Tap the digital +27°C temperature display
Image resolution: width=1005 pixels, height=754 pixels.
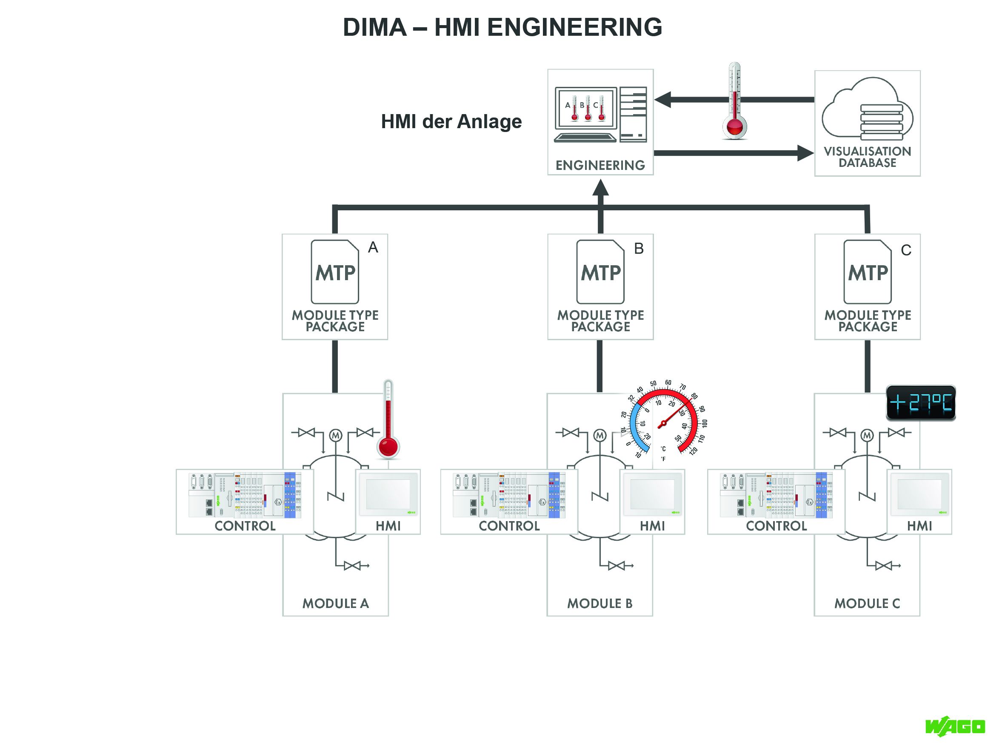pos(920,403)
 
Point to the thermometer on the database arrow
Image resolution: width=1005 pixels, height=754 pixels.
pos(734,101)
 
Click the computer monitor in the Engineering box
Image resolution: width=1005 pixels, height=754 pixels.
pos(586,109)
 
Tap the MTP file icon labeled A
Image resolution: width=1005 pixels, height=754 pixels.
pos(335,272)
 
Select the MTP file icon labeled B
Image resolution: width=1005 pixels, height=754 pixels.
pos(600,272)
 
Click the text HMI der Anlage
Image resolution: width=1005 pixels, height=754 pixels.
pos(451,122)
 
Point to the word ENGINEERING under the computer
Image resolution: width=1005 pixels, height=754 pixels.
pos(600,165)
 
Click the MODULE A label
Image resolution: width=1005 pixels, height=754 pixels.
pos(335,604)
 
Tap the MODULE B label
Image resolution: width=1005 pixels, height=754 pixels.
pos(600,604)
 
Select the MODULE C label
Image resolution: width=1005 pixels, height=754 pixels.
pos(867,604)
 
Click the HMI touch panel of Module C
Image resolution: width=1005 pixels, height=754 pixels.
pos(919,494)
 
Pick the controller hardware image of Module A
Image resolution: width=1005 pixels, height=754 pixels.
pos(245,496)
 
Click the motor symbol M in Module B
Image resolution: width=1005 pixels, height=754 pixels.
pos(600,436)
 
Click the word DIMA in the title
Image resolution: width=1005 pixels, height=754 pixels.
pos(374,27)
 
